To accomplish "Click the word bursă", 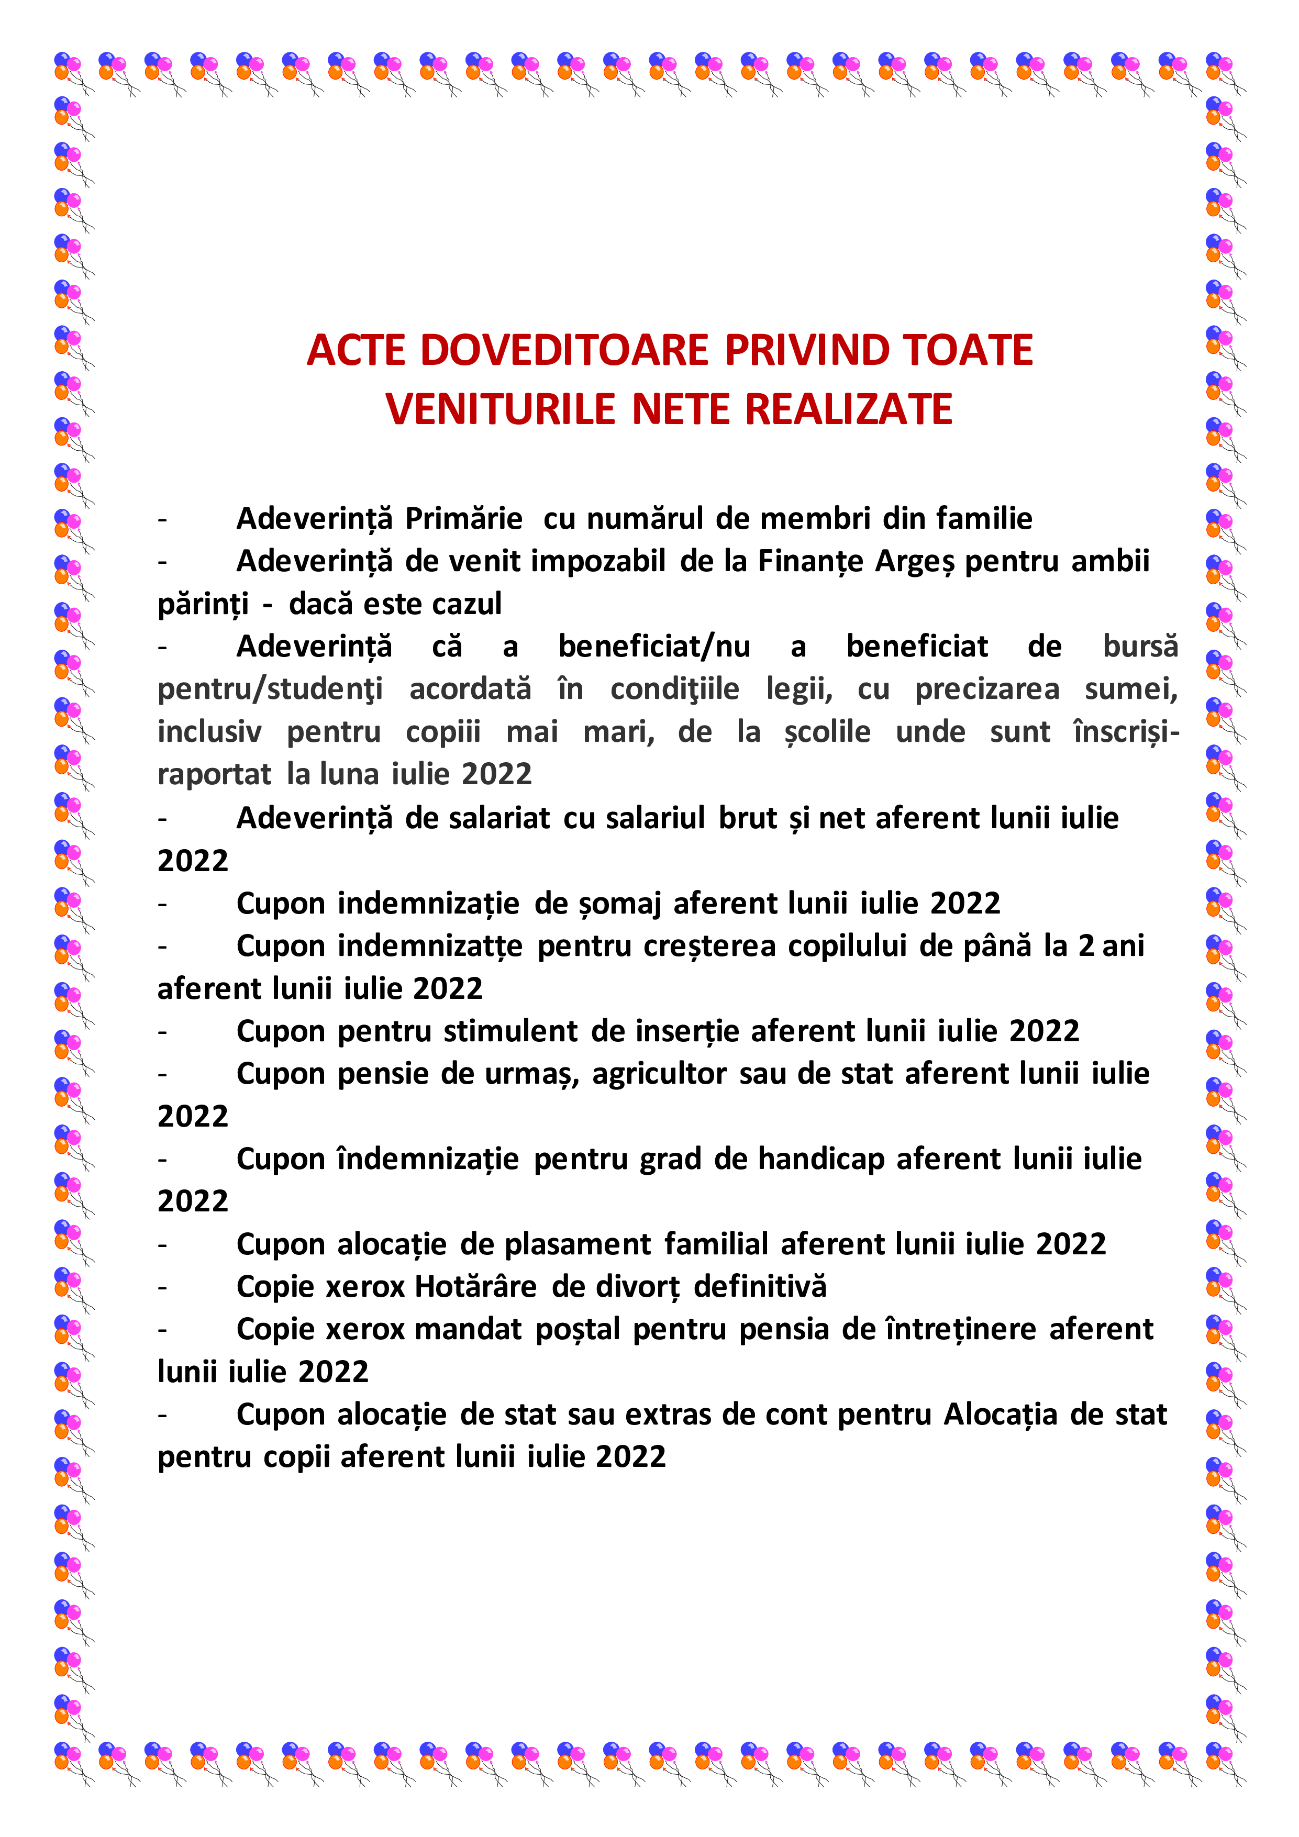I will (1140, 645).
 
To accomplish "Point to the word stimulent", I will (510, 1030).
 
